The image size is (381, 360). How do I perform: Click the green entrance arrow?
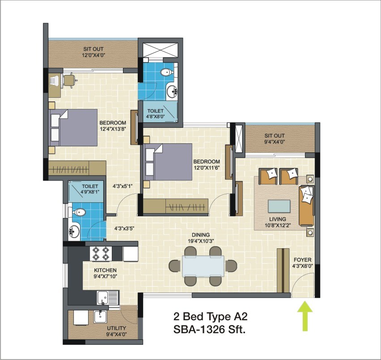click(305, 316)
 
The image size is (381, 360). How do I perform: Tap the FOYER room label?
click(302, 260)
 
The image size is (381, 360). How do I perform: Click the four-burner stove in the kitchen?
click(101, 253)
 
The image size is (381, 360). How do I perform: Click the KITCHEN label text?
click(105, 270)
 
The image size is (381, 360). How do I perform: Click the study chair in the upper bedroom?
click(69, 80)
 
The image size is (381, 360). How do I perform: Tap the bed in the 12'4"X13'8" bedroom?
click(74, 128)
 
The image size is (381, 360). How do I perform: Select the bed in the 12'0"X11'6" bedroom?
click(168, 162)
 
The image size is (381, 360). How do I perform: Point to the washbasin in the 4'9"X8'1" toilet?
click(74, 231)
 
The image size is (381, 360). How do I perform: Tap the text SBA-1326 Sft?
click(210, 331)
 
